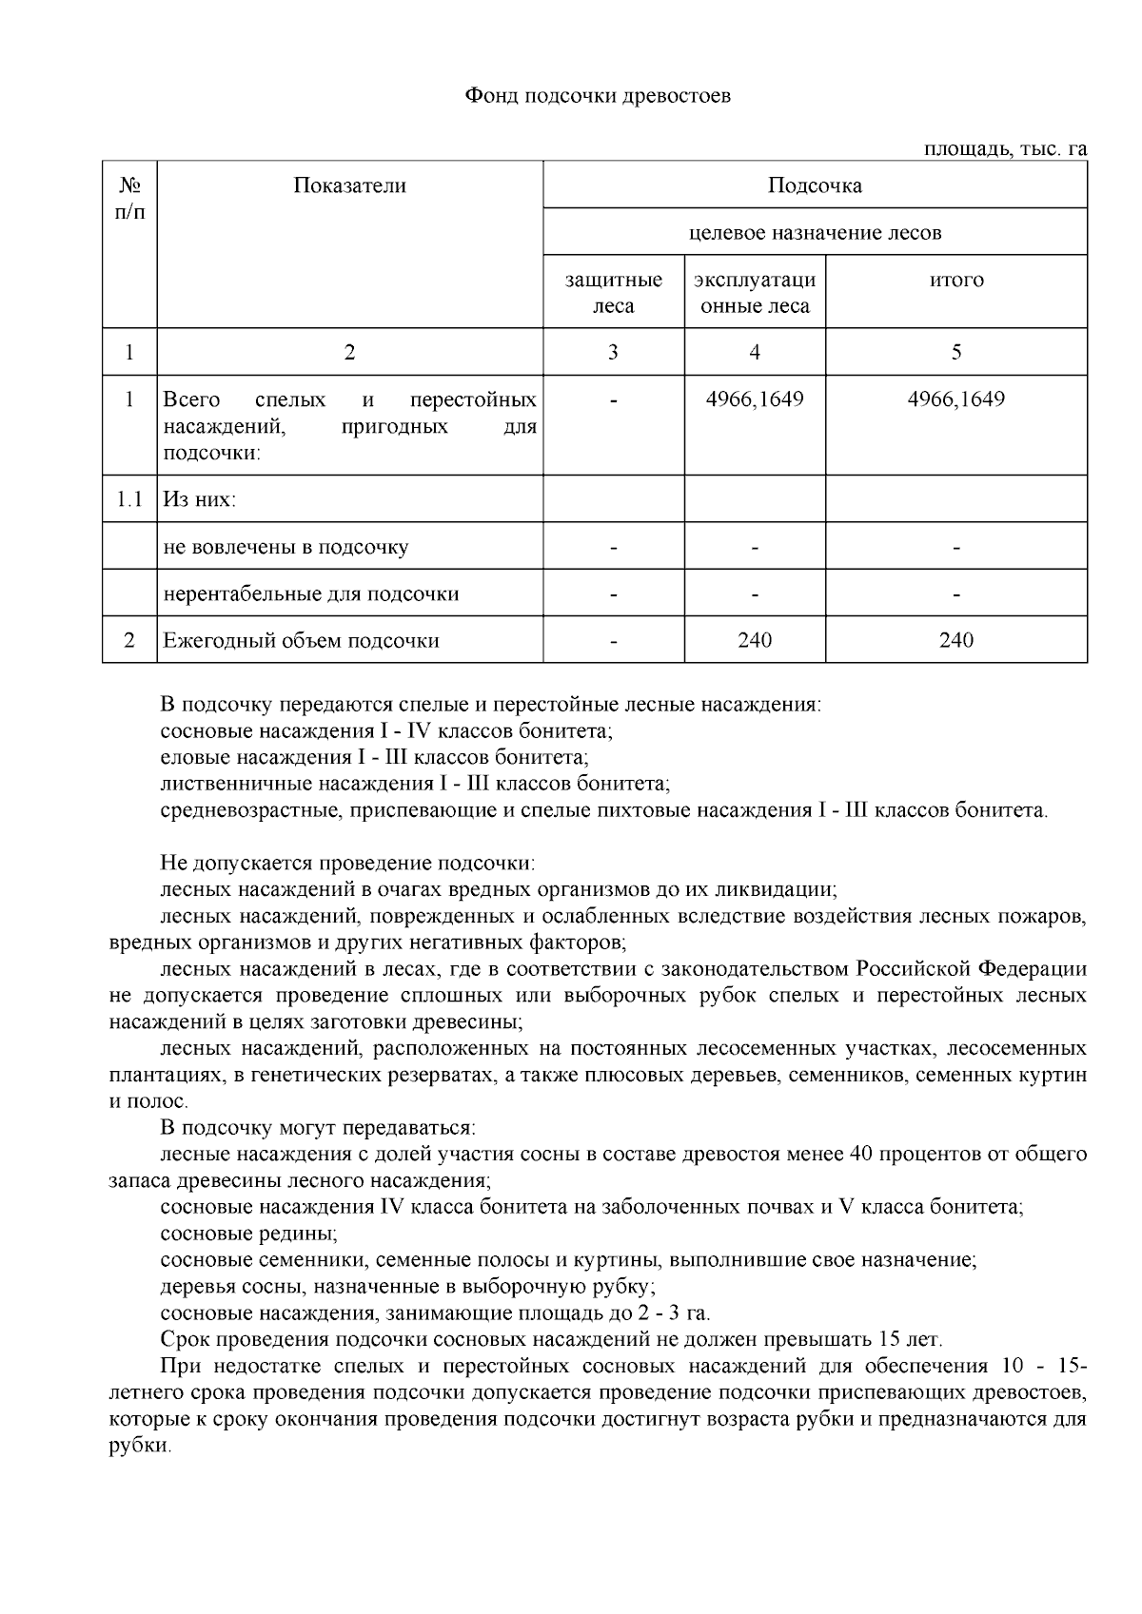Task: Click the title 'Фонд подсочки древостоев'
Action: [598, 96]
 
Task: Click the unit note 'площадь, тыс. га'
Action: [1005, 149]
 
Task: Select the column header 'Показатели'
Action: [349, 185]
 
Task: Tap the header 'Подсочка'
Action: [815, 185]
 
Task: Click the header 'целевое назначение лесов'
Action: [815, 232]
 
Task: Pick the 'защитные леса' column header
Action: [614, 293]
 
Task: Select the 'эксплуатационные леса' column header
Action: [755, 293]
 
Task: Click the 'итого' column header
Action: [956, 280]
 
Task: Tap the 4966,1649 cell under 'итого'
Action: [956, 399]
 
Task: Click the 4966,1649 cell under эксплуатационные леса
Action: [755, 399]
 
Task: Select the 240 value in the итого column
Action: [956, 640]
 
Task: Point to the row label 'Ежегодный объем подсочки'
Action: [301, 640]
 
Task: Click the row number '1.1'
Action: [129, 499]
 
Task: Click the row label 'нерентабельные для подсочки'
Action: [311, 593]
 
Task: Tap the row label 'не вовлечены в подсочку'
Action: [285, 547]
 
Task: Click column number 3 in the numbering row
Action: [614, 353]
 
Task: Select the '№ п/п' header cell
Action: [129, 198]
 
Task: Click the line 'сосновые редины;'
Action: [249, 1235]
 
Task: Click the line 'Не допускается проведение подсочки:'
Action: [348, 864]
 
